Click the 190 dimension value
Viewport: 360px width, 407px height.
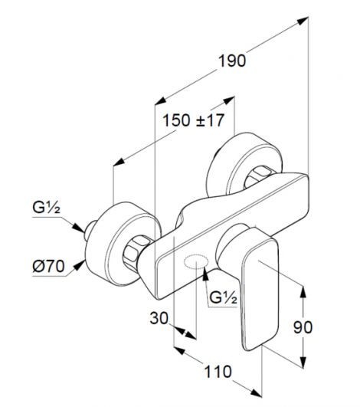(232, 61)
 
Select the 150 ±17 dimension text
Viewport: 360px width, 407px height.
(193, 120)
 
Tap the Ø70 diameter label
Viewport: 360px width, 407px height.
(48, 266)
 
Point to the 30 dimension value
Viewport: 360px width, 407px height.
(159, 318)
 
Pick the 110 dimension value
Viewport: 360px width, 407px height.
(218, 372)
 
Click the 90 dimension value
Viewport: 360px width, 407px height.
(303, 327)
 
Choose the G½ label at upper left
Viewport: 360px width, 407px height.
(47, 208)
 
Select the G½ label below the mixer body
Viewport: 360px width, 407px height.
(224, 297)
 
